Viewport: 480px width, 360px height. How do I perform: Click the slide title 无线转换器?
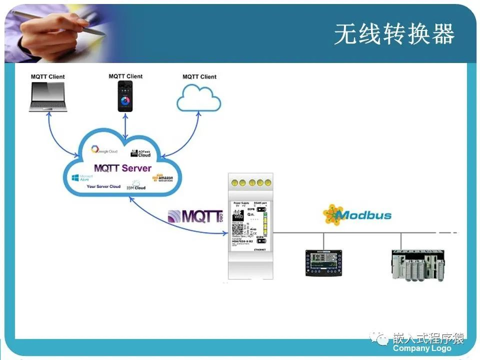(x=394, y=34)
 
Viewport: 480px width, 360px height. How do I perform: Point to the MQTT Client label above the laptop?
(x=48, y=77)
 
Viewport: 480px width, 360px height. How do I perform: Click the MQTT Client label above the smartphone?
(x=125, y=76)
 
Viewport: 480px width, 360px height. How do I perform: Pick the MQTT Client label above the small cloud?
(x=199, y=77)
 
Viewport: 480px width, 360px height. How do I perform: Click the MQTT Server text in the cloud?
(x=122, y=168)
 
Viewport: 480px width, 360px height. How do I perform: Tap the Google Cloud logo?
(x=104, y=150)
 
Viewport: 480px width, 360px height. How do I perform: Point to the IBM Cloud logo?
(x=135, y=186)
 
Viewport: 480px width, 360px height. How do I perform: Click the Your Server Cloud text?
(x=103, y=186)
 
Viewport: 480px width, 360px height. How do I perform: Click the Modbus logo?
(x=357, y=215)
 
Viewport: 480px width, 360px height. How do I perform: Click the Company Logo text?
(x=422, y=348)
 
